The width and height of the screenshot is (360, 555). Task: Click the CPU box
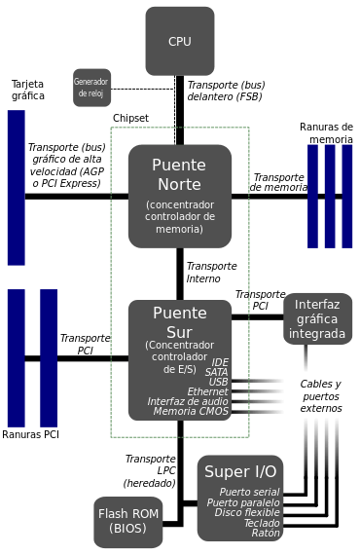pyautogui.click(x=180, y=41)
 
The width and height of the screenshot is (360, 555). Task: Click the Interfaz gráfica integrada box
pyautogui.click(x=317, y=318)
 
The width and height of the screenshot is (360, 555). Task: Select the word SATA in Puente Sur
pyautogui.click(x=217, y=372)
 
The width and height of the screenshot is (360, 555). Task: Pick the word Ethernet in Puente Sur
pyautogui.click(x=207, y=391)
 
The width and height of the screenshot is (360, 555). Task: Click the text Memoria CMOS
pyautogui.click(x=191, y=412)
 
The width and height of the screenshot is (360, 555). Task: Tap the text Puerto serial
pyautogui.click(x=250, y=492)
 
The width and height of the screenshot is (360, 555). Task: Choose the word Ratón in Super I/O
pyautogui.click(x=266, y=533)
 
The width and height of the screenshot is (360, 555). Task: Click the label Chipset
pyautogui.click(x=130, y=117)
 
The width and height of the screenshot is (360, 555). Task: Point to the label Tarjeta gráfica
pyautogui.click(x=27, y=89)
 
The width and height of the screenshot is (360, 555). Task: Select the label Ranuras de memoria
pyautogui.click(x=326, y=133)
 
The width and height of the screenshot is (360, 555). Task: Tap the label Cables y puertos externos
pyautogui.click(x=320, y=396)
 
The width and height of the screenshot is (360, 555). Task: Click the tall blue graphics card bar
pyautogui.click(x=16, y=187)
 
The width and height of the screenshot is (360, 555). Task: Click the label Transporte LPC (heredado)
pyautogui.click(x=149, y=470)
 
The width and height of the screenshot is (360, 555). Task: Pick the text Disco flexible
pyautogui.click(x=247, y=512)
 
